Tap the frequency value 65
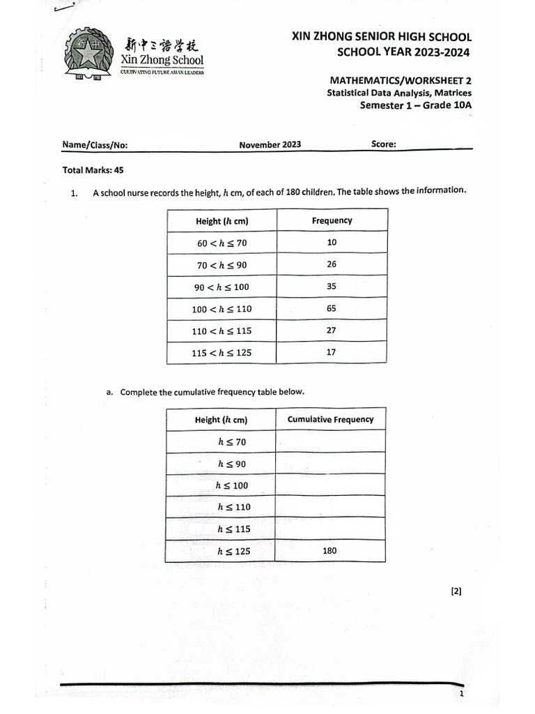click(x=331, y=307)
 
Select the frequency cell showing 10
click(x=332, y=242)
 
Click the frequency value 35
click(x=332, y=286)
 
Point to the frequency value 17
click(x=331, y=352)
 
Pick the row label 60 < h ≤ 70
click(x=222, y=243)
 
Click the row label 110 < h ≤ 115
click(x=222, y=331)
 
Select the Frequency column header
click(x=332, y=220)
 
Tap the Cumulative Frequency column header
click(x=330, y=419)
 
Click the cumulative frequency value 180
click(x=329, y=551)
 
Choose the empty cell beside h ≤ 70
click(x=330, y=441)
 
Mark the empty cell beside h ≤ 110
click(x=330, y=507)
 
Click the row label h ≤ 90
click(x=231, y=464)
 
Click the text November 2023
click(x=270, y=145)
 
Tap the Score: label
click(x=384, y=144)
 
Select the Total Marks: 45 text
click(x=93, y=169)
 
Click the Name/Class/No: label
click(x=95, y=146)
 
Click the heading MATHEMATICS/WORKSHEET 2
click(x=400, y=81)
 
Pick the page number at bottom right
click(x=461, y=694)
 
